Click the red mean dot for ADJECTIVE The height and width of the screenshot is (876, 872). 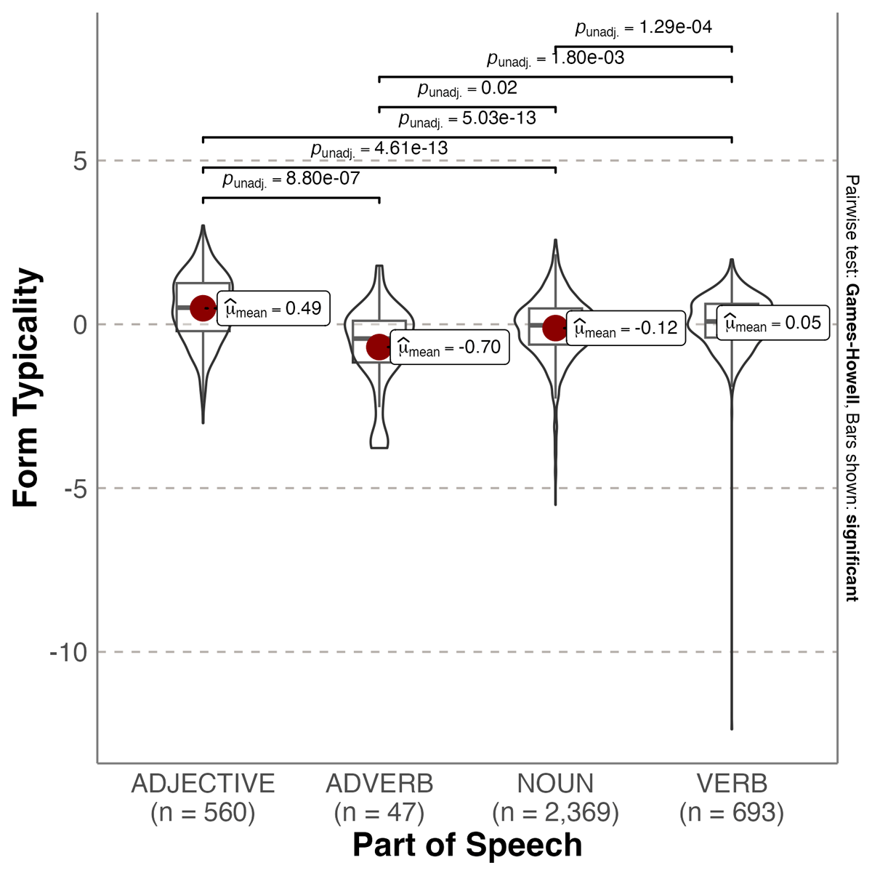pos(203,308)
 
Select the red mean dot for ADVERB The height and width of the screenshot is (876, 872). pos(379,347)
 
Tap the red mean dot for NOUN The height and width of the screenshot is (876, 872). pos(555,328)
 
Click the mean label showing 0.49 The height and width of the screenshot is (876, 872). pos(274,308)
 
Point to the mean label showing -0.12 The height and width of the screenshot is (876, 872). pos(626,328)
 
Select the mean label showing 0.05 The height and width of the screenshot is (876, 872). pos(773,323)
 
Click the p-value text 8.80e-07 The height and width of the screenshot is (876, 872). pos(291,179)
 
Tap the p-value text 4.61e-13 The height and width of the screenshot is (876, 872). pos(379,149)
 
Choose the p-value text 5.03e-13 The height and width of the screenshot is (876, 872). pos(467,118)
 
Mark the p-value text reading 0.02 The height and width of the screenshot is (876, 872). pos(467,89)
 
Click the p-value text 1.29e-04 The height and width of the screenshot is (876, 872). pos(644,28)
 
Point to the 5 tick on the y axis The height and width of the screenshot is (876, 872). pos(79,161)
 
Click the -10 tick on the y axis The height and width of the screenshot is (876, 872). pos(68,652)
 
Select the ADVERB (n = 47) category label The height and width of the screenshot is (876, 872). pos(379,797)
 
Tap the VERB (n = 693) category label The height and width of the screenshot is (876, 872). pos(732,797)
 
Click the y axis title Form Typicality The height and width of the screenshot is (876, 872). pos(26,387)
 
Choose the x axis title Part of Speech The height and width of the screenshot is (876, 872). pos(467,845)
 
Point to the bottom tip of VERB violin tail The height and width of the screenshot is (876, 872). pos(732,728)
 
